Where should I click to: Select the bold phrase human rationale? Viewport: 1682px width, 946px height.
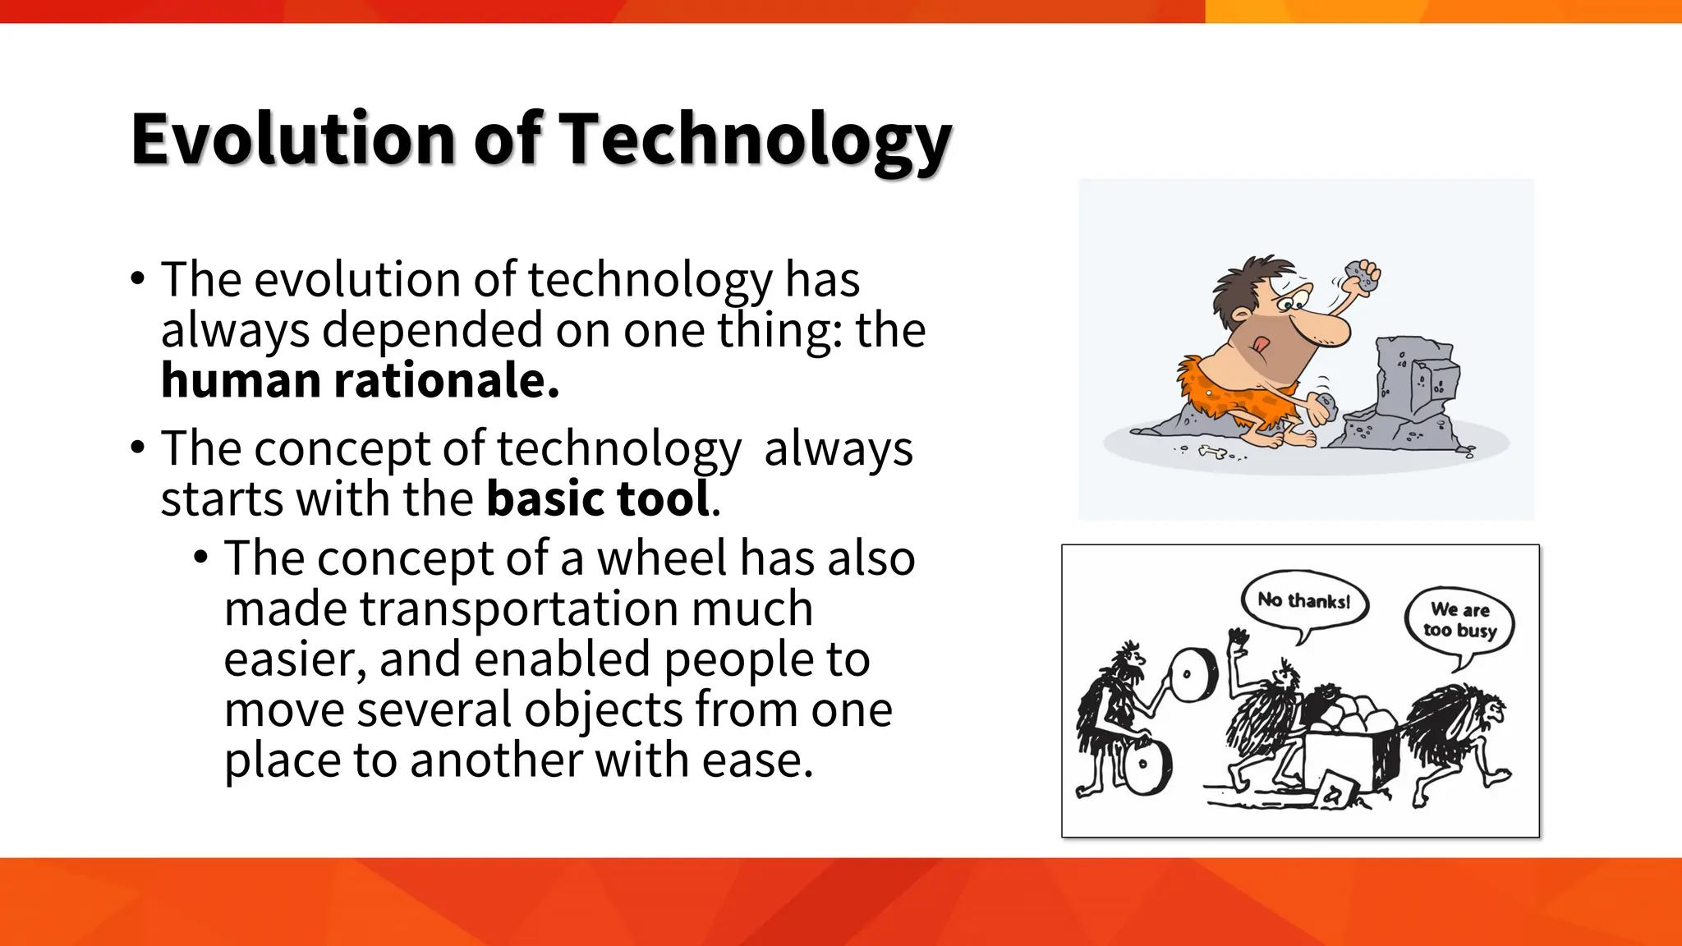360,381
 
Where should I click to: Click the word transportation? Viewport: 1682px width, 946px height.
519,609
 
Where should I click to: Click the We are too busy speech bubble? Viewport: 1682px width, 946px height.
1459,621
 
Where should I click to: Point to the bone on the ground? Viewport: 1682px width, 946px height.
1212,451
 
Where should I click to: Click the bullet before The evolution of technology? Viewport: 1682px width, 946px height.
137,277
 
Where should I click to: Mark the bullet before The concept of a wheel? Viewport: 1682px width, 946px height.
201,557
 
